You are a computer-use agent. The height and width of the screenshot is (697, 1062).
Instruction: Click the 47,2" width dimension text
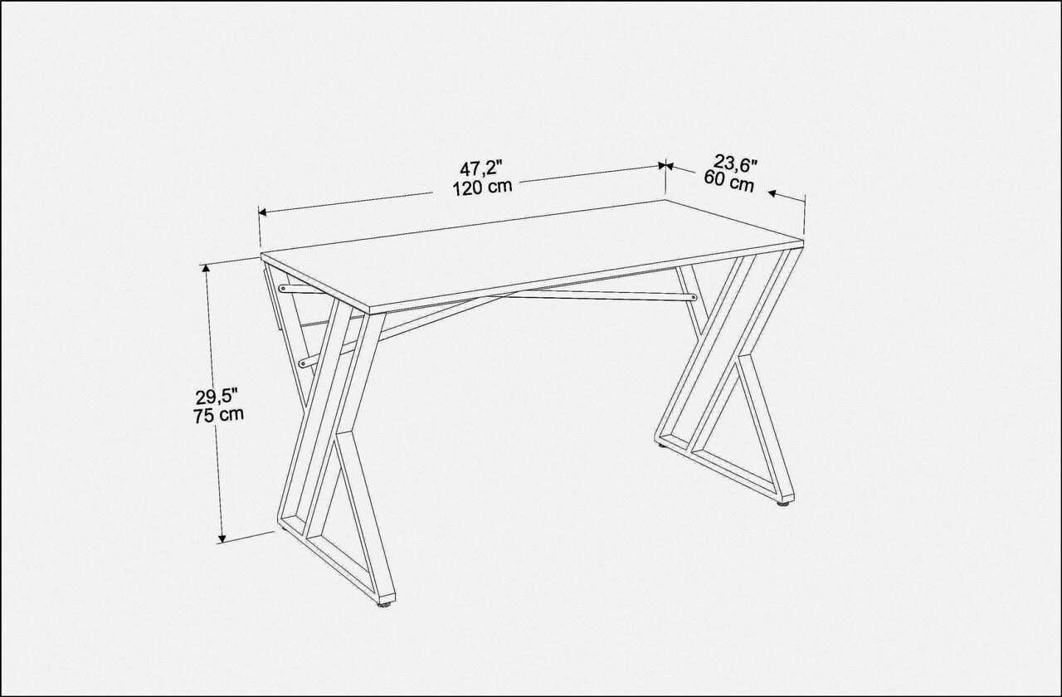click(480, 168)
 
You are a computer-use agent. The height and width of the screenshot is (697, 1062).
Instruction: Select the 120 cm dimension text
click(482, 188)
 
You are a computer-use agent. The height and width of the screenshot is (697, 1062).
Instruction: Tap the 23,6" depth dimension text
click(735, 164)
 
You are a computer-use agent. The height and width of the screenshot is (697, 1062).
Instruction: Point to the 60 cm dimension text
click(728, 182)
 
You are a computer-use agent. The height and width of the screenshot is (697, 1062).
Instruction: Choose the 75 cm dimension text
click(218, 416)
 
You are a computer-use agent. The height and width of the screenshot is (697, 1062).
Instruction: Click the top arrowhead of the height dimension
click(206, 270)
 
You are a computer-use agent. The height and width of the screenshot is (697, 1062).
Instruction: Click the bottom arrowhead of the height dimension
click(222, 538)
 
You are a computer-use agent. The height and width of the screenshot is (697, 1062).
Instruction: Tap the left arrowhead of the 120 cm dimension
click(263, 212)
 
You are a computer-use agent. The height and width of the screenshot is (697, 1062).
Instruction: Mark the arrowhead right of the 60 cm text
click(772, 193)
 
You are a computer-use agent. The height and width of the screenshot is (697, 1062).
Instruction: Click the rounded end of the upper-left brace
click(283, 288)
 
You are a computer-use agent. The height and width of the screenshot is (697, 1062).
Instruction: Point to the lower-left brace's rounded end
click(303, 363)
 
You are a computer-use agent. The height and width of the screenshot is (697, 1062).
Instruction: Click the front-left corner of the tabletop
click(369, 313)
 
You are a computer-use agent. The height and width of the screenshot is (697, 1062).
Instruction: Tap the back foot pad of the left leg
click(286, 526)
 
